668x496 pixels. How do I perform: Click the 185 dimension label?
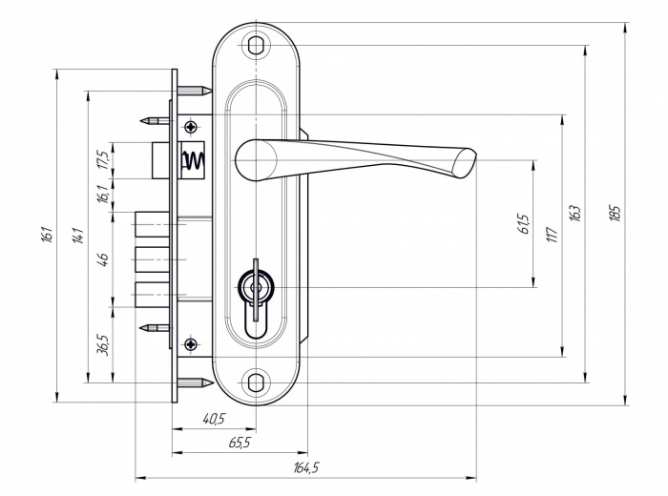coord(616,213)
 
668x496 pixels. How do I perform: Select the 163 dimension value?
coord(575,213)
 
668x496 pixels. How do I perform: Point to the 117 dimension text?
coord(553,234)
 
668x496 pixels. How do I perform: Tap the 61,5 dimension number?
coord(524,223)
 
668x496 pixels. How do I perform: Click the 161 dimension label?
coord(47,234)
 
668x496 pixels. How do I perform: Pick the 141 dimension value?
coord(78,236)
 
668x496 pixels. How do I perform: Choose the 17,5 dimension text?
coord(104,159)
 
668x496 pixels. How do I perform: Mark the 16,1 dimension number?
coord(103,194)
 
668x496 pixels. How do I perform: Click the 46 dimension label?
coord(103,258)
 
